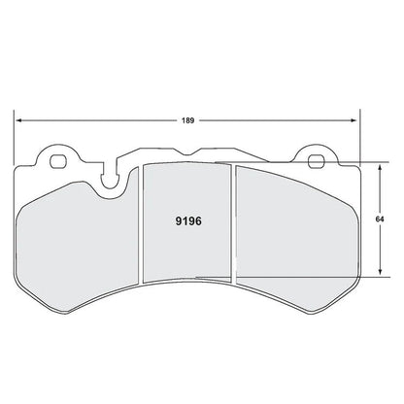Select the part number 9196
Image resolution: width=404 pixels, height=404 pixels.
tap(188, 219)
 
